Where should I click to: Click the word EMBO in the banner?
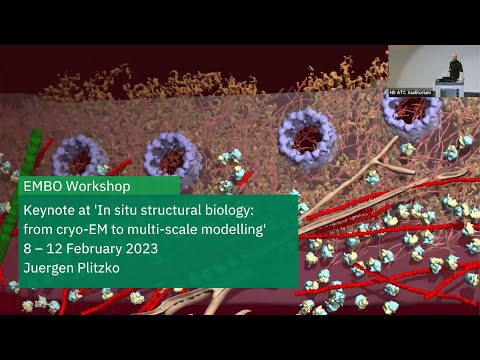(x=43, y=186)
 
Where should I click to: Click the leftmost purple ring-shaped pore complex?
(x=80, y=157)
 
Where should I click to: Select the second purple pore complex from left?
(x=172, y=156)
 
